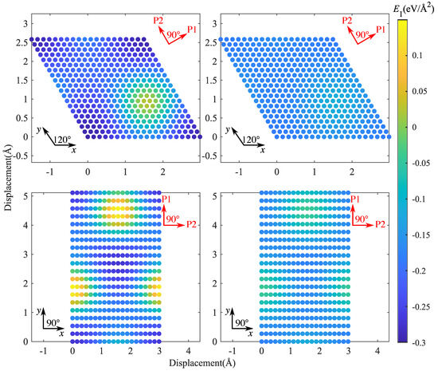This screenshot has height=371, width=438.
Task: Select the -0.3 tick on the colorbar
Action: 413,341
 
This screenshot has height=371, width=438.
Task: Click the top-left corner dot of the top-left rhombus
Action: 33,38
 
